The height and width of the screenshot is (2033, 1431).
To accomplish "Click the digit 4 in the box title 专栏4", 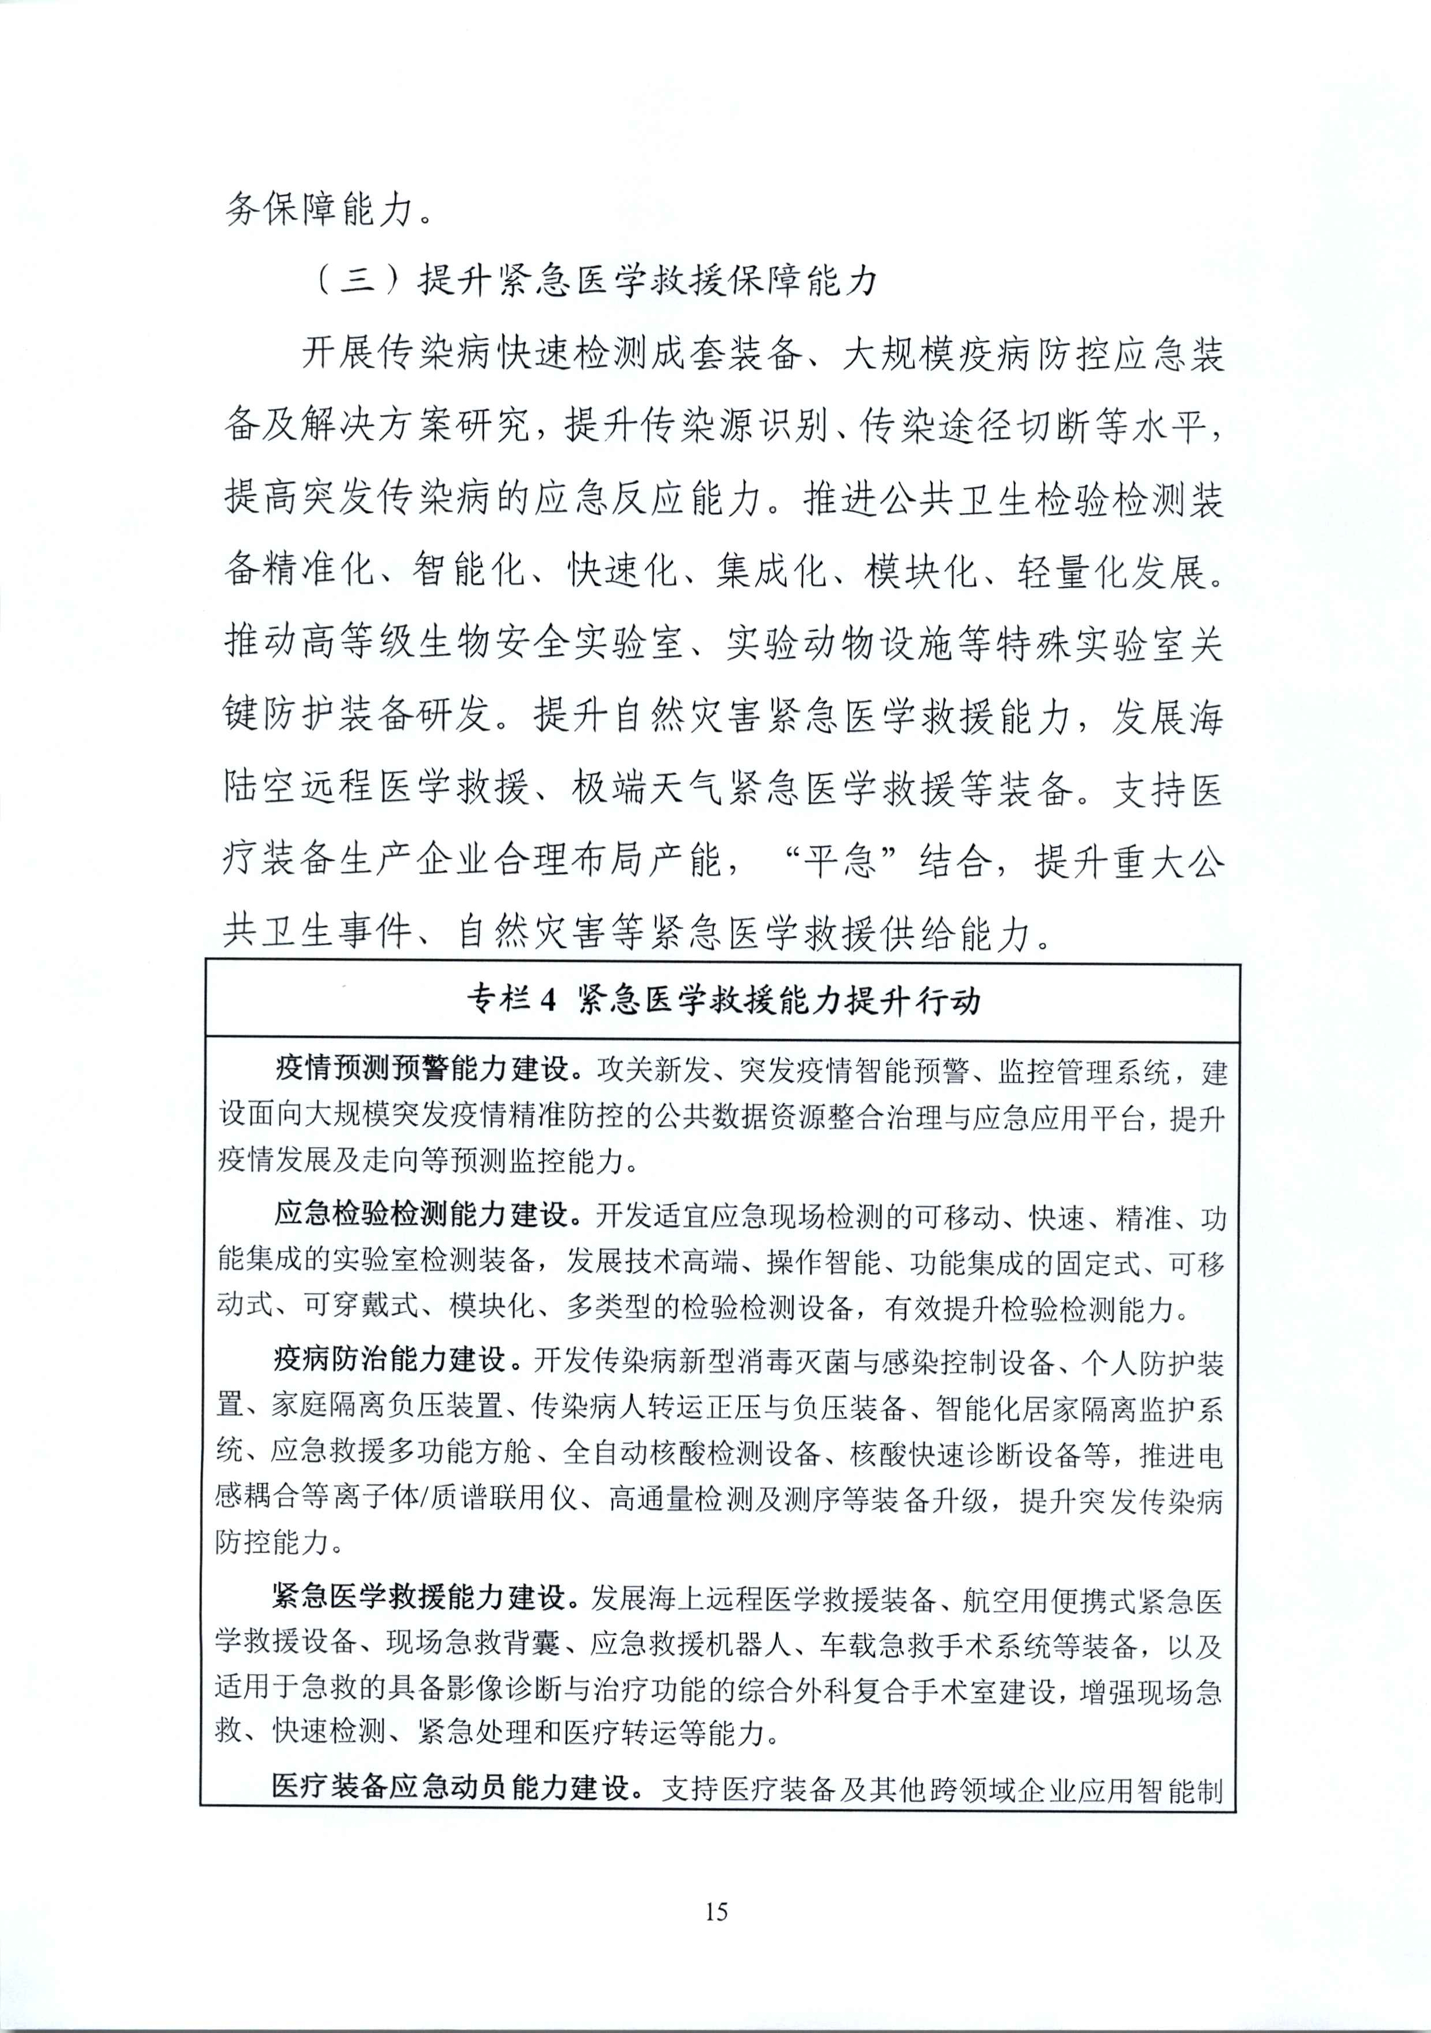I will click(546, 1000).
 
